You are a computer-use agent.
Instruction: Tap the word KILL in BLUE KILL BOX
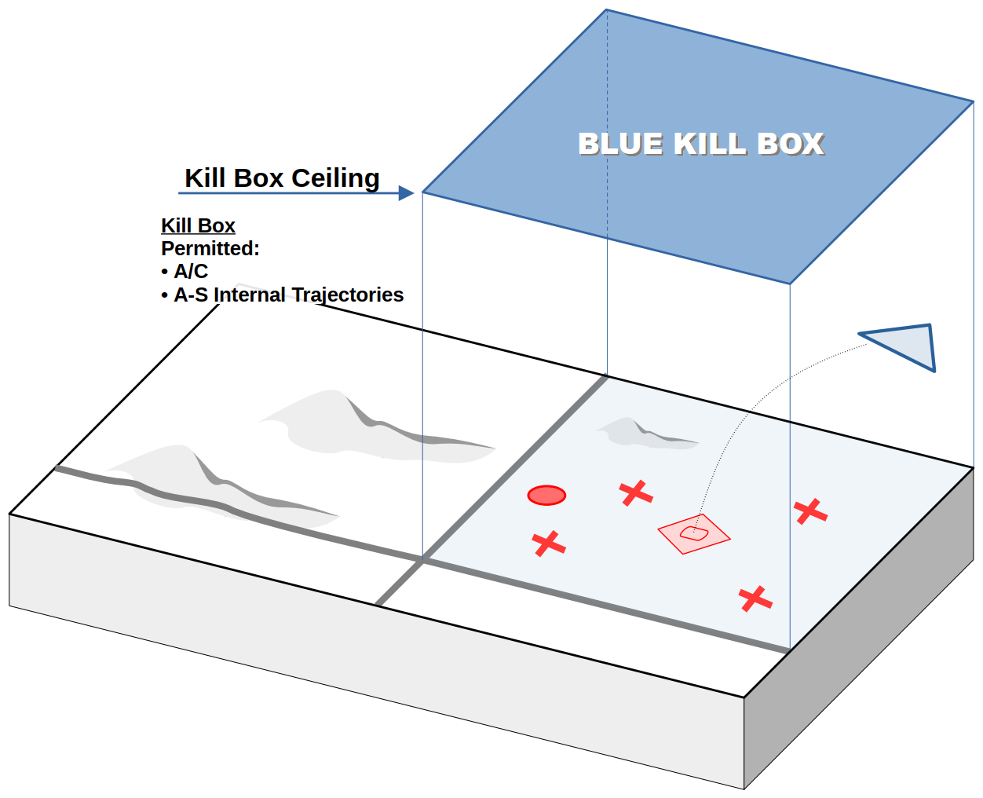click(x=710, y=145)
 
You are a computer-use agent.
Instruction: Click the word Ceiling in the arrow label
click(x=335, y=178)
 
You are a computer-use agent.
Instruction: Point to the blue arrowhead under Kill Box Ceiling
click(x=406, y=193)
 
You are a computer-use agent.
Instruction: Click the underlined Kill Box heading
click(x=198, y=226)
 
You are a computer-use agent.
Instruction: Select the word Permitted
click(x=210, y=249)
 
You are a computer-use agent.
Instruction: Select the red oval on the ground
click(x=546, y=495)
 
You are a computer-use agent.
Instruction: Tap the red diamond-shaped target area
click(x=694, y=534)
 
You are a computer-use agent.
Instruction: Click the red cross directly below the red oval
click(x=549, y=544)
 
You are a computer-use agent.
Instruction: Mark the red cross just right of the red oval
click(x=636, y=493)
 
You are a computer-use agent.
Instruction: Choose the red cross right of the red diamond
click(x=810, y=511)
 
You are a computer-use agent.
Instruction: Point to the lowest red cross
click(x=755, y=598)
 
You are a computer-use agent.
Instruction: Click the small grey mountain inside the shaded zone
click(x=640, y=433)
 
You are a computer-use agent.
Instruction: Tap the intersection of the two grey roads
click(x=423, y=559)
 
